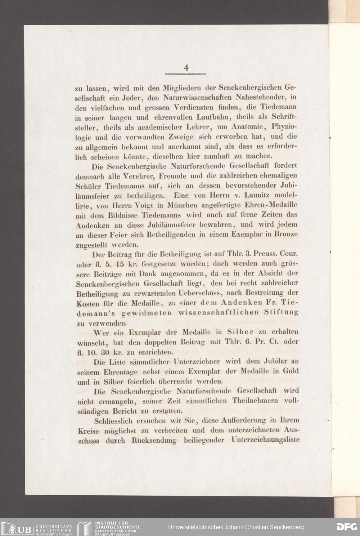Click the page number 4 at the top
(186, 67)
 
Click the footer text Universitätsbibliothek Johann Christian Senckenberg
(236, 527)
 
